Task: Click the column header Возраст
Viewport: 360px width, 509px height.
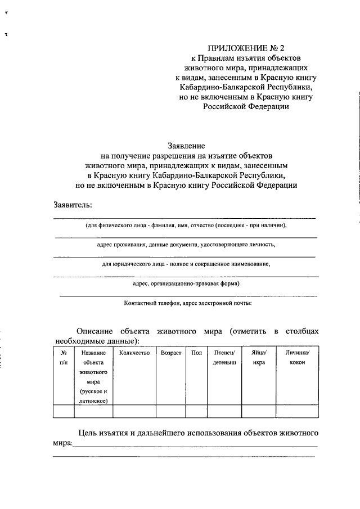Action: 171,353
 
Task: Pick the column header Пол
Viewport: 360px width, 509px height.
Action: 196,353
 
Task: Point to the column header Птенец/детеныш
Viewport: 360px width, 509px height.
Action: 224,358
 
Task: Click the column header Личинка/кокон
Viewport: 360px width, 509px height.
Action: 298,358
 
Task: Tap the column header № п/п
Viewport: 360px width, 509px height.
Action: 64,358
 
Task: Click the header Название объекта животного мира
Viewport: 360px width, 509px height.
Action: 93,376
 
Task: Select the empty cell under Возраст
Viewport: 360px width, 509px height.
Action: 171,412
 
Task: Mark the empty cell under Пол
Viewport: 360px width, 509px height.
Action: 196,412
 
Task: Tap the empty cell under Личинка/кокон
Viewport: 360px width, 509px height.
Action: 298,412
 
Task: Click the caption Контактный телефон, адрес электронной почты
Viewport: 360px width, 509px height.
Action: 188,303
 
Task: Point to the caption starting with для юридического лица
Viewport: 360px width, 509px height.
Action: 186,264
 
